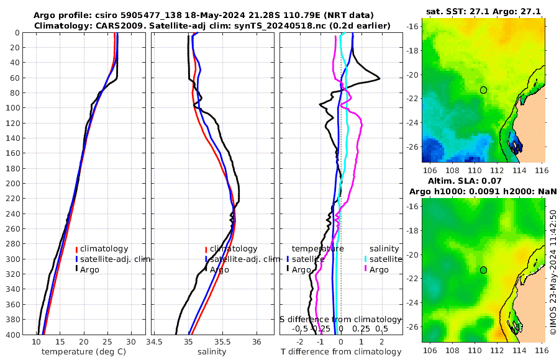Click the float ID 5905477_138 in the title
tap(160, 15)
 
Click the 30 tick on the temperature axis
tap(131, 342)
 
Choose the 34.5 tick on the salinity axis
tap(155, 342)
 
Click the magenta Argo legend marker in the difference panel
tap(366, 269)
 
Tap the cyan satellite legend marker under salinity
tap(366, 259)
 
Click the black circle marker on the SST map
tap(483, 90)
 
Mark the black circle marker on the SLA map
tap(483, 270)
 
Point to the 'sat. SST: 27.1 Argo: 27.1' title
tap(484, 11)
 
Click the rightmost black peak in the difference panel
tap(379, 78)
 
